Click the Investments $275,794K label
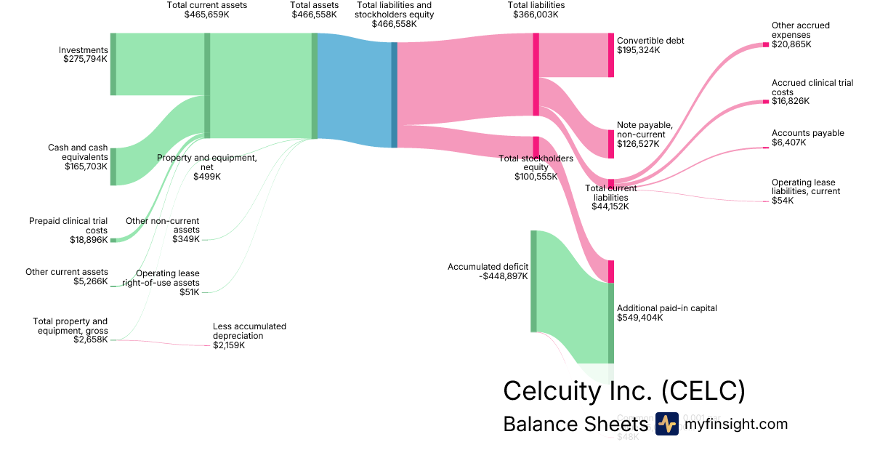point(84,55)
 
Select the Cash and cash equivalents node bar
point(113,166)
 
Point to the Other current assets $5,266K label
point(67,276)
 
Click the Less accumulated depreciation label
point(249,336)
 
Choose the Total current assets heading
point(206,9)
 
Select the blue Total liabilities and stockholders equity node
point(395,95)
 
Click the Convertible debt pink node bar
point(611,55)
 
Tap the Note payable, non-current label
point(645,134)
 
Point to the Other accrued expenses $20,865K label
point(800,35)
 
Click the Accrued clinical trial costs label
point(812,92)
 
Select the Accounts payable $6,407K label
point(807,137)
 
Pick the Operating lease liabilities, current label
point(805,191)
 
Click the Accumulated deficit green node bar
point(533,281)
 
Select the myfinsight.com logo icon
point(666,424)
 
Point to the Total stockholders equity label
point(536,167)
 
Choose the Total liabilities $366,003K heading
point(536,9)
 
